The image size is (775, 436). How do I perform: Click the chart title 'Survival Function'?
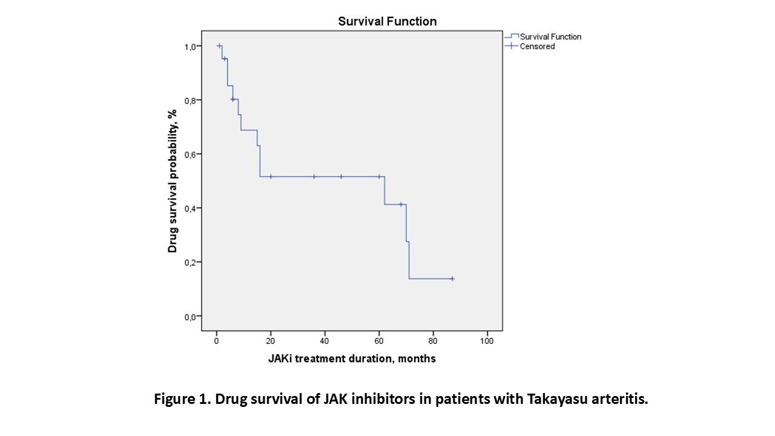[x=387, y=21]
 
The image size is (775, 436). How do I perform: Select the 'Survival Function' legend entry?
[x=550, y=37]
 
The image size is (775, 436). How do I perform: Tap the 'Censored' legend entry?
[x=537, y=47]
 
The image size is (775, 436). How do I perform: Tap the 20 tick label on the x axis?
[x=271, y=341]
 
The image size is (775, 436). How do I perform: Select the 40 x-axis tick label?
[x=325, y=341]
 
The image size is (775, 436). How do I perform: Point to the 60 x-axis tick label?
[x=379, y=341]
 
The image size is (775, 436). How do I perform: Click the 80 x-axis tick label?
[x=433, y=341]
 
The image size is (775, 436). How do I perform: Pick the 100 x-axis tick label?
[x=487, y=341]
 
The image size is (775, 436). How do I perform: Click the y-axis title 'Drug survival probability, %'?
[x=173, y=181]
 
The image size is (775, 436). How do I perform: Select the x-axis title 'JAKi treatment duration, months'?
[x=352, y=358]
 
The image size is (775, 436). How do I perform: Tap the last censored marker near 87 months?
[x=452, y=279]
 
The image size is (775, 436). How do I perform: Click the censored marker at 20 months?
[x=271, y=177]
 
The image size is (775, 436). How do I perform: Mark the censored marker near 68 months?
[x=400, y=205]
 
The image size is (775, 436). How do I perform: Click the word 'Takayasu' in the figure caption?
[x=551, y=400]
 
